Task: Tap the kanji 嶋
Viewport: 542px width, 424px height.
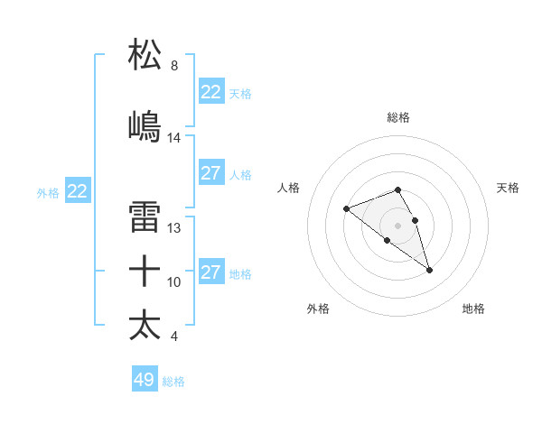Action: (145, 125)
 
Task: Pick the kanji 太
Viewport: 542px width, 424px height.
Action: (145, 324)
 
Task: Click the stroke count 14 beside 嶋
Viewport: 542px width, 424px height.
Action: (174, 138)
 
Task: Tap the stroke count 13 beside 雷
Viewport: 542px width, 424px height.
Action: (174, 228)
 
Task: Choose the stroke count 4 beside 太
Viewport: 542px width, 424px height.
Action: (174, 336)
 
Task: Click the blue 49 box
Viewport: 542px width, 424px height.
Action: (145, 380)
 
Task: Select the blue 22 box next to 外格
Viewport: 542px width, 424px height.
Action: (77, 191)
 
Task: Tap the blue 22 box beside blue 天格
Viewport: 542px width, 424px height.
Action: (211, 92)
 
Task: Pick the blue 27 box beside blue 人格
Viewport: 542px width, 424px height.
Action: (211, 173)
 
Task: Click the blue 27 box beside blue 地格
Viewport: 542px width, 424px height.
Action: (211, 272)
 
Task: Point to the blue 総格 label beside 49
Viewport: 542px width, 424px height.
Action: (173, 382)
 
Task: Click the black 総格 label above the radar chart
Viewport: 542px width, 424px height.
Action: (397, 117)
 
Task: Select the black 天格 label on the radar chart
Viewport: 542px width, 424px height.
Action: (509, 188)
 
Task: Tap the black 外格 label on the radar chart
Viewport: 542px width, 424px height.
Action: (318, 309)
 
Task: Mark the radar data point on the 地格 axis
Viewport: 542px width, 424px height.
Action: (429, 270)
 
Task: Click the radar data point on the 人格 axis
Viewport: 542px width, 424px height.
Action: (346, 208)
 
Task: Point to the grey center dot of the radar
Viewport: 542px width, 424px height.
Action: (397, 225)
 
